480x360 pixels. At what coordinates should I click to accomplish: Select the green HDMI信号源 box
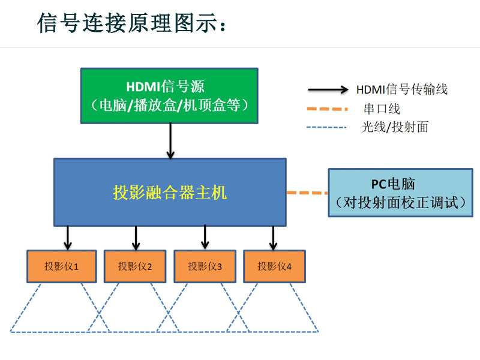(169, 96)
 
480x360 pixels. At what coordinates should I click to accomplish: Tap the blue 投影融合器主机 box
(170, 192)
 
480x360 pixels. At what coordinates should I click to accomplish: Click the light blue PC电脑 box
(400, 193)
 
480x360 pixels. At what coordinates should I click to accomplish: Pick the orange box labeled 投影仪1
(62, 266)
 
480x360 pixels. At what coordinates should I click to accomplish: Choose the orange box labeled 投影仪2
(135, 266)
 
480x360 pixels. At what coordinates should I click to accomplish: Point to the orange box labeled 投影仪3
(205, 266)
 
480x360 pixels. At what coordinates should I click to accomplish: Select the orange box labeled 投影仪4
(274, 266)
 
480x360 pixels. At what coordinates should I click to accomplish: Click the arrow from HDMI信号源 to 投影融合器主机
(170, 141)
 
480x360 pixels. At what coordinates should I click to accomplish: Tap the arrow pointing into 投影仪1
(68, 238)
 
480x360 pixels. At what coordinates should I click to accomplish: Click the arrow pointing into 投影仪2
(136, 238)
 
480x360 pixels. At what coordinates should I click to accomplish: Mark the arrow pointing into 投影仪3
(205, 237)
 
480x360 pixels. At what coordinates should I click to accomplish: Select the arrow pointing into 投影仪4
(274, 238)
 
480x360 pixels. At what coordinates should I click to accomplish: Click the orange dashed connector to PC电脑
(307, 193)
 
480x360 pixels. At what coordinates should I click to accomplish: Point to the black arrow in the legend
(328, 89)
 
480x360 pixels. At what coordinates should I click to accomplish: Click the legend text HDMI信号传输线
(402, 89)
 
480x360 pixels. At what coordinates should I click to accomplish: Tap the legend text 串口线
(382, 109)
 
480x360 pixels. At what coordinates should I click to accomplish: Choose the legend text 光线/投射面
(395, 127)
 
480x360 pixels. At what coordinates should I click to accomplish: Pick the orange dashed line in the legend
(327, 109)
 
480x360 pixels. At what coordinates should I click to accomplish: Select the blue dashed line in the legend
(326, 127)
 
